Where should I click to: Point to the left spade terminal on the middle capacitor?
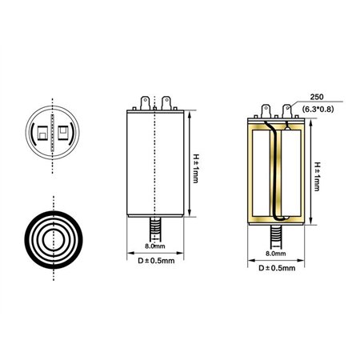(x=145, y=103)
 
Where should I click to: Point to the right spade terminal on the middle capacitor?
(x=166, y=103)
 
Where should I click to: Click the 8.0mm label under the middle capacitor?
(x=155, y=247)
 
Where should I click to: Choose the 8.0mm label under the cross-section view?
(x=275, y=254)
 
